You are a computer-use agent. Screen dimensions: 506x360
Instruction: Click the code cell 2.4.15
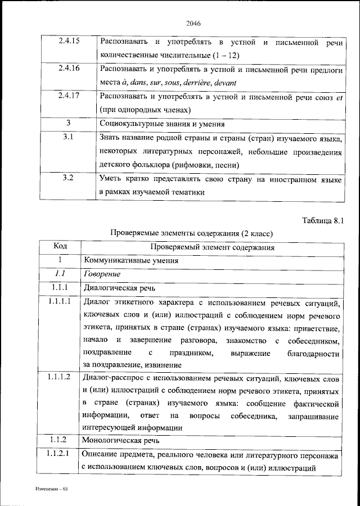click(x=69, y=41)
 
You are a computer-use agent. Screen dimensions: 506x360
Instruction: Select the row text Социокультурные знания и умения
click(x=162, y=123)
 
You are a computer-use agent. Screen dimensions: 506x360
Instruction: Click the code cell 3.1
click(x=69, y=137)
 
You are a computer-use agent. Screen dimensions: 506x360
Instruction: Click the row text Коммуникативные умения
click(x=132, y=260)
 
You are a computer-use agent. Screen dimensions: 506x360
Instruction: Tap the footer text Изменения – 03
click(x=51, y=489)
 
